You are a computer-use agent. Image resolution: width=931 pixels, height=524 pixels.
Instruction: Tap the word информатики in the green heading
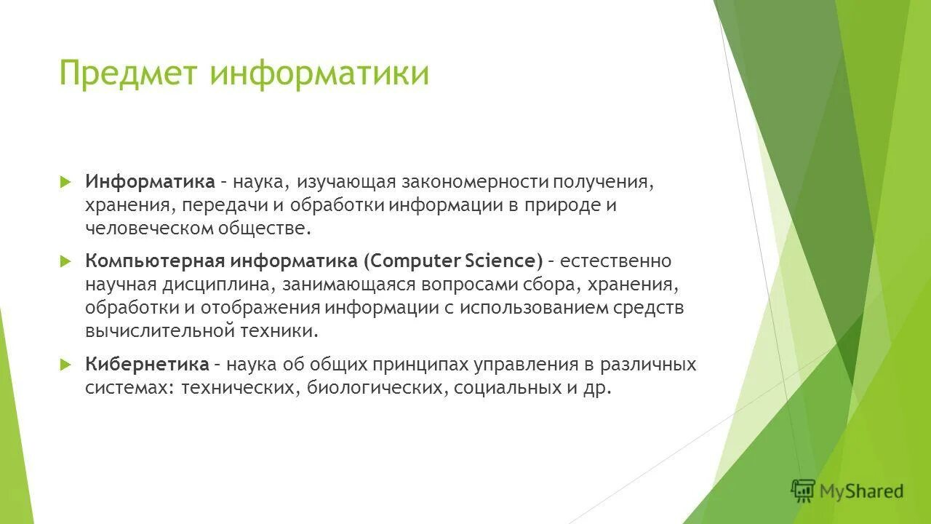pyautogui.click(x=319, y=74)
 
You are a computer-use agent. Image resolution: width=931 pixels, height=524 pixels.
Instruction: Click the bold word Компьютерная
pyautogui.click(x=155, y=261)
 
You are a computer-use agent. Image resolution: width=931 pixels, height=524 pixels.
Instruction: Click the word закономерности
pyautogui.click(x=474, y=180)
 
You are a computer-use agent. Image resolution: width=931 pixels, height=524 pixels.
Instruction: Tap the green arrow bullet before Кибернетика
pyautogui.click(x=65, y=363)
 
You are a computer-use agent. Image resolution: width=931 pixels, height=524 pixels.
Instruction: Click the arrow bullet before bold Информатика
pyautogui.click(x=65, y=180)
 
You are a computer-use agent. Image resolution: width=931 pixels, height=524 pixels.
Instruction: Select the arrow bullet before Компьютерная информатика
pyautogui.click(x=65, y=260)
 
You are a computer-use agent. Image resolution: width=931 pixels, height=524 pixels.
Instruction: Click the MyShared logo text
pyautogui.click(x=861, y=492)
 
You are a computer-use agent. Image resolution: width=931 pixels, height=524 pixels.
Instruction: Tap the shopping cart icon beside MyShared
pyautogui.click(x=803, y=491)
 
